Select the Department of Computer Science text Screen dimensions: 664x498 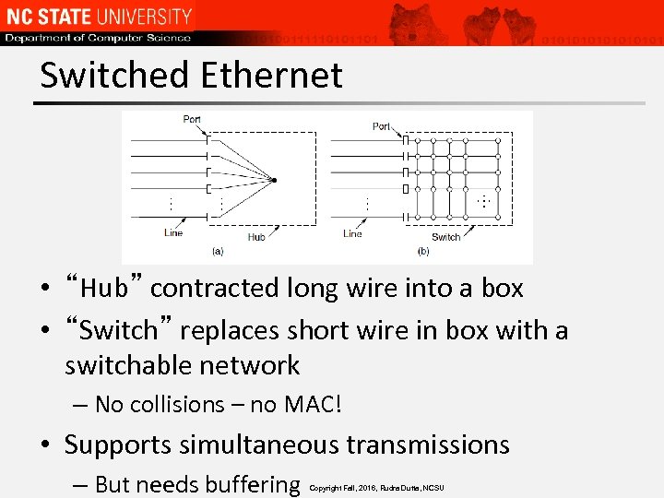97,38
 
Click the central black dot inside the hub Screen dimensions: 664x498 274,179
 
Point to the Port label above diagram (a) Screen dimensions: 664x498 192,119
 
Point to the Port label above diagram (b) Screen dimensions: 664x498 381,126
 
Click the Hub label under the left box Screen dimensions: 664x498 255,237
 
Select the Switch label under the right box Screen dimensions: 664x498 445,237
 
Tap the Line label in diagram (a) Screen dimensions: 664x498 173,232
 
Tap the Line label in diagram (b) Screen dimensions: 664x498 352,233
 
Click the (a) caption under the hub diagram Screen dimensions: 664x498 218,250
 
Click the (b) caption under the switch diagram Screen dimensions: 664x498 423,251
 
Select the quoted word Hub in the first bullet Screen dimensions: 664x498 102,289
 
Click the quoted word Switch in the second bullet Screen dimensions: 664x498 119,330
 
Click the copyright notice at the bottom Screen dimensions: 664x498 376,487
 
